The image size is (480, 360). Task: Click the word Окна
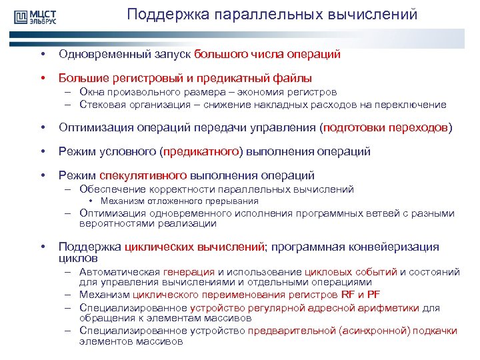click(x=90, y=92)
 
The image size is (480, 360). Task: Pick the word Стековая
click(x=100, y=104)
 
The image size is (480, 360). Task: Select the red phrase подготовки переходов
click(x=386, y=127)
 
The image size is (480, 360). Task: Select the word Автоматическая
click(x=119, y=271)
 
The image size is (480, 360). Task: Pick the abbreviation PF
click(x=375, y=295)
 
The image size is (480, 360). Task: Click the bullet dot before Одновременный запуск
click(x=42, y=54)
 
